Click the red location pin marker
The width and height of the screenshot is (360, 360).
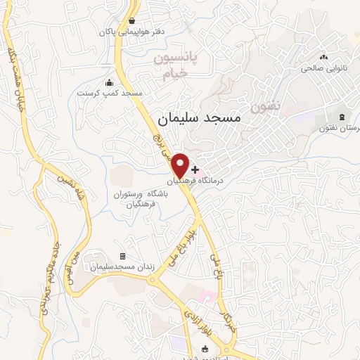point(180,165)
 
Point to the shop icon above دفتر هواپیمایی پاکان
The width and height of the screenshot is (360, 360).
point(131,20)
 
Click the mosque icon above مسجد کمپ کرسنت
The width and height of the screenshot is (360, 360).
point(108,82)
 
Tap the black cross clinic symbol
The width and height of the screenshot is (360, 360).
point(195,169)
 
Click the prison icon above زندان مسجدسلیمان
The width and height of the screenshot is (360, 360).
point(123,257)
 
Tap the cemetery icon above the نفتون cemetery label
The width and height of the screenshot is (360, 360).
point(342,116)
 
